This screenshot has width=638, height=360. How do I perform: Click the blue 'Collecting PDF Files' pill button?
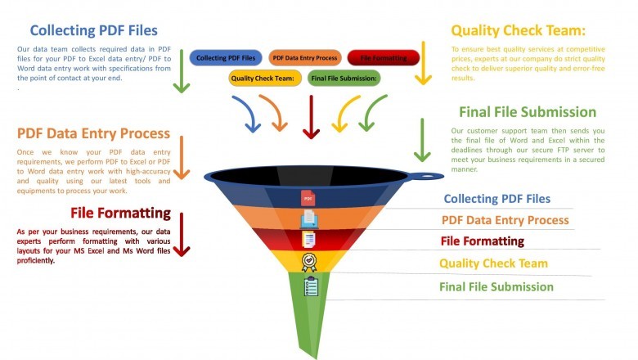pos(226,58)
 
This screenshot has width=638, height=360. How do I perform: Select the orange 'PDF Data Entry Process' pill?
pos(304,58)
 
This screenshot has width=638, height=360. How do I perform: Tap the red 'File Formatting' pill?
pos(383,58)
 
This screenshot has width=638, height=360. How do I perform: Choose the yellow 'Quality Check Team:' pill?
pos(262,79)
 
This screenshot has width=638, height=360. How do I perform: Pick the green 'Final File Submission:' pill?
pos(344,79)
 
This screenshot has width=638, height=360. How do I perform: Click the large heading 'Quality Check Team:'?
pos(519,31)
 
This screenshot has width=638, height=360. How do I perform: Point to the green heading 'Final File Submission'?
pos(528,112)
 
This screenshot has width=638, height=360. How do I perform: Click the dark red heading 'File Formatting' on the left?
pos(120,214)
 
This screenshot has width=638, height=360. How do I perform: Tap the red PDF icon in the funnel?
pos(308,199)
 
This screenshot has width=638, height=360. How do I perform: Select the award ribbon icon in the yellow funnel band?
pos(309,262)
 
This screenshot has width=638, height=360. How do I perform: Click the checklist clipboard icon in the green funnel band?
pos(310,286)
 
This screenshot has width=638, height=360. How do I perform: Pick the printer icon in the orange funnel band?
pos(309,218)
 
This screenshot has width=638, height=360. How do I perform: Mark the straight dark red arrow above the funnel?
pos(311,117)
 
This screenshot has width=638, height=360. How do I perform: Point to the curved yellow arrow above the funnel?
pos(344,113)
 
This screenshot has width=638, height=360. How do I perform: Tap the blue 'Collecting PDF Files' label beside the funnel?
pos(496,199)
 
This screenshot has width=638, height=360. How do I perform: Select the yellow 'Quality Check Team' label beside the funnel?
pos(493,263)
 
